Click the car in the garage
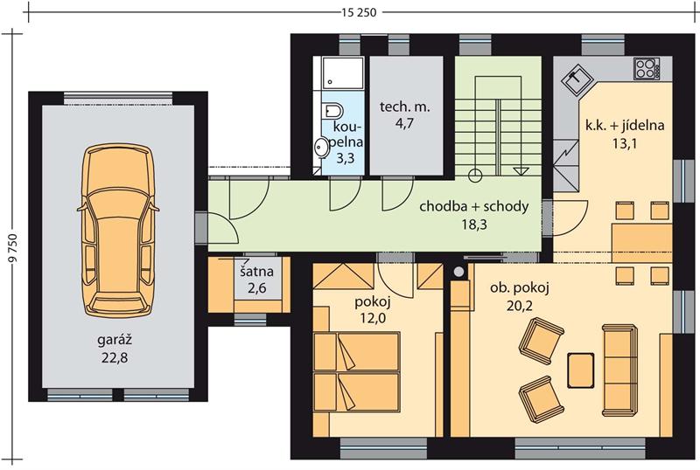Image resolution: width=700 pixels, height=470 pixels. coord(117,231)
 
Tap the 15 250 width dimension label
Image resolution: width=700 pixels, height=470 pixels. coord(359,12)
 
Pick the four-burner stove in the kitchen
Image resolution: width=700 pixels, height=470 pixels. coord(646,69)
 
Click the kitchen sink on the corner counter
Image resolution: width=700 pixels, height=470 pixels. coord(576,80)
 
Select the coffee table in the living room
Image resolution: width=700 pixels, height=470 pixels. coord(581,370)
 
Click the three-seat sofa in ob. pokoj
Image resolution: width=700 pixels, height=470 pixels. coord(619,370)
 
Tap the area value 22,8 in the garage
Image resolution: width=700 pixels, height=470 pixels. coord(115,357)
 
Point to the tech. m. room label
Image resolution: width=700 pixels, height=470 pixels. coord(404,107)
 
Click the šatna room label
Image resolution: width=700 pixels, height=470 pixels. coord(256,272)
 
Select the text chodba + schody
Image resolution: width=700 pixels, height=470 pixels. coord(474,206)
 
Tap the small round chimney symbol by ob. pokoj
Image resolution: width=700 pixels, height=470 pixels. coord(458,271)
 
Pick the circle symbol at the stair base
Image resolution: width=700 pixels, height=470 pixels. coord(475,176)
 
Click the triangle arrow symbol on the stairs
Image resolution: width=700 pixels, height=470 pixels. coord(521,171)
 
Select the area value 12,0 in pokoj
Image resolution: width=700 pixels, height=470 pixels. coord(373,318)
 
